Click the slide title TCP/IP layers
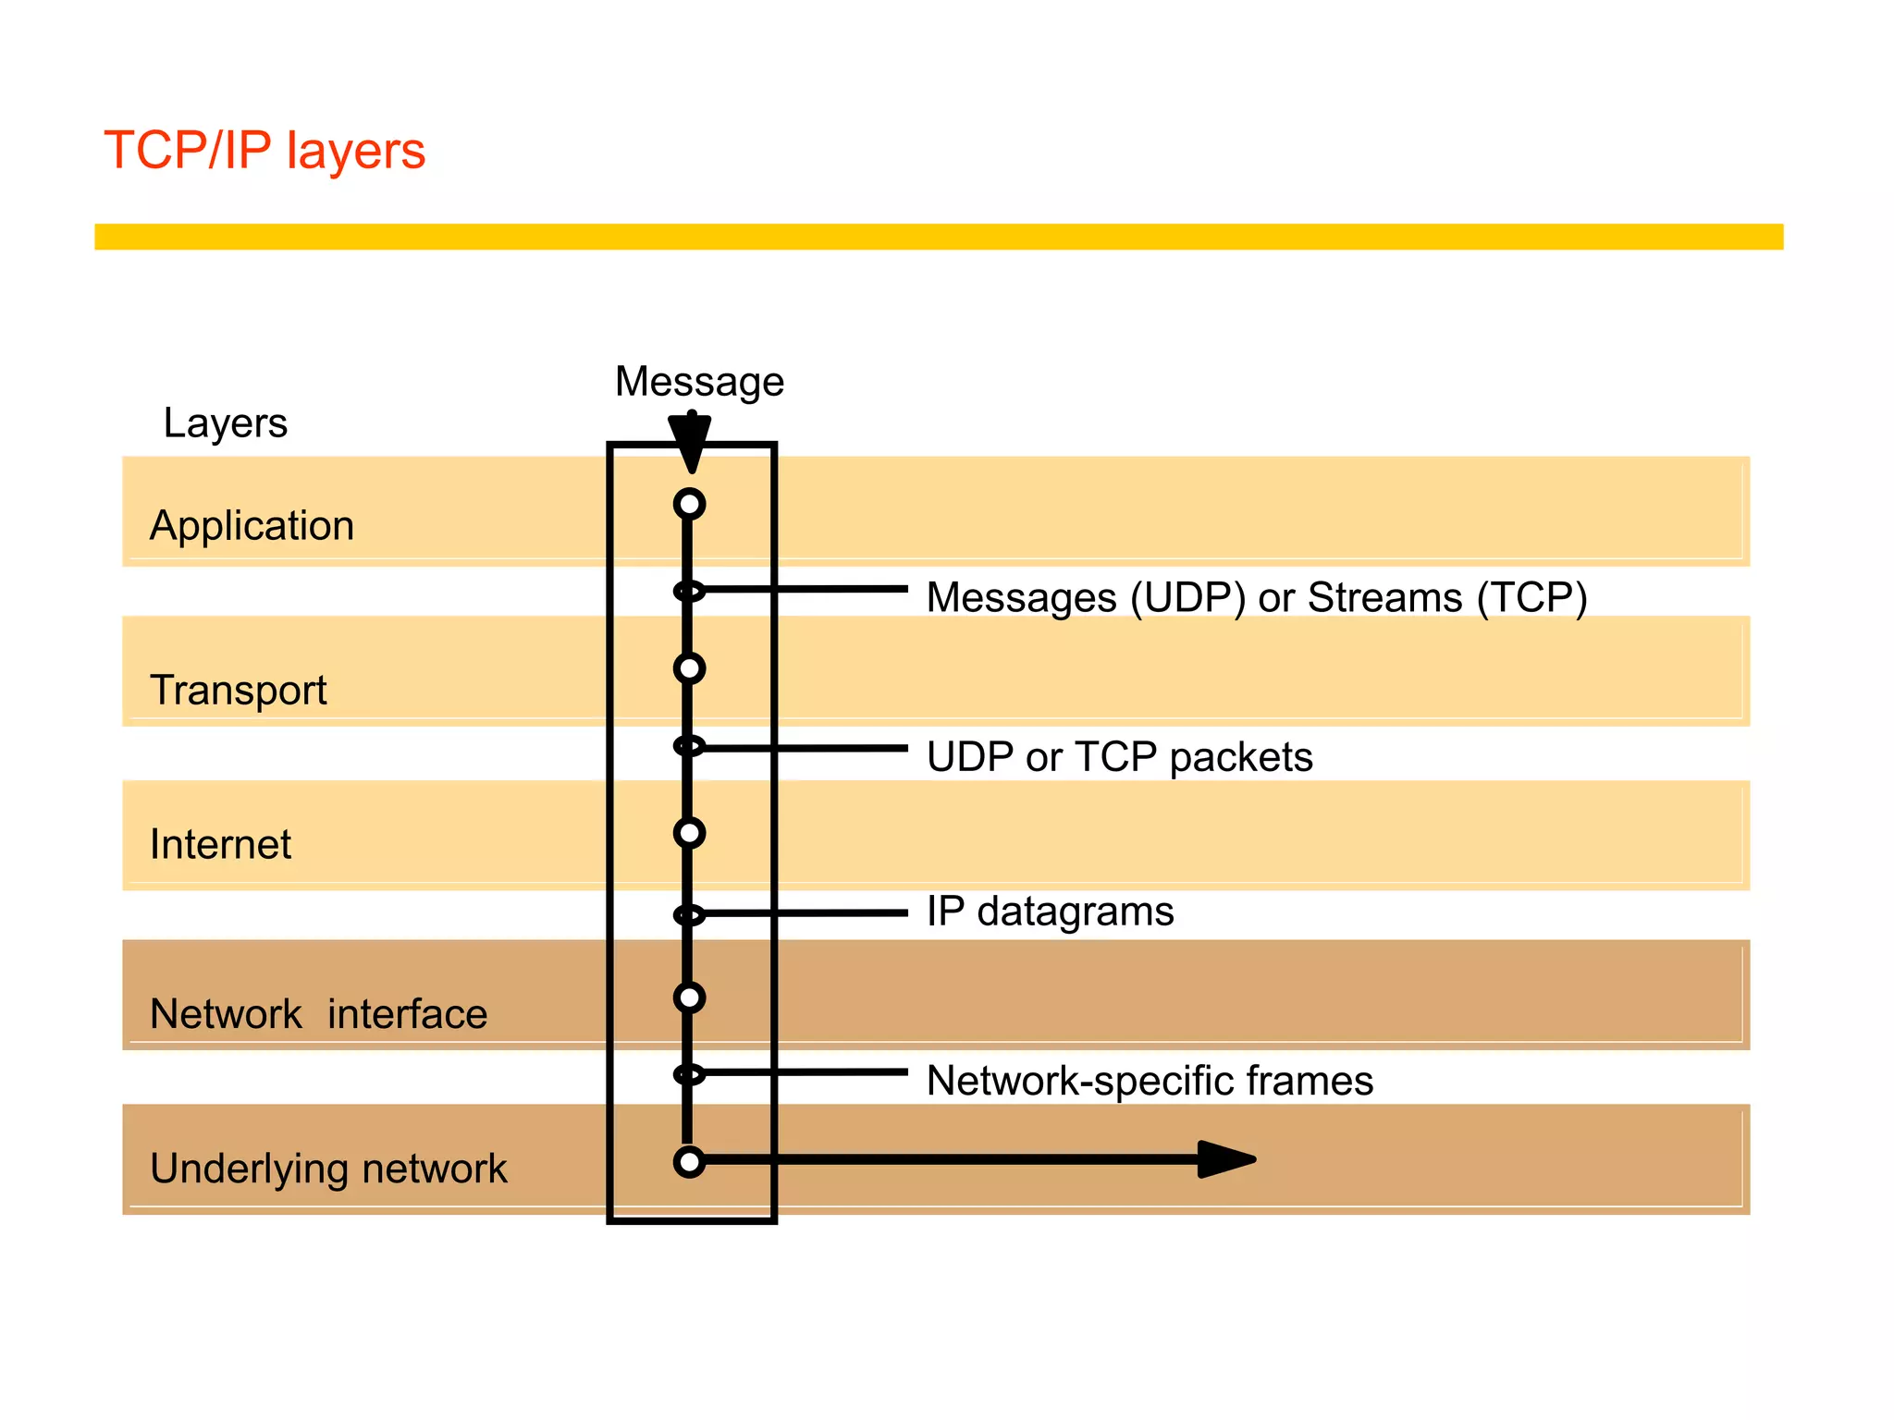264,151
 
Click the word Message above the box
699,382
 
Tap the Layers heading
225,423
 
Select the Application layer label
252,526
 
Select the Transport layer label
238,691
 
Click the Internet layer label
220,845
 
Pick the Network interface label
318,1014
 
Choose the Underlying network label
328,1169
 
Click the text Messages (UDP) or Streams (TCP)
1256,597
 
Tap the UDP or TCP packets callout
1119,757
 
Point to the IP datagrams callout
1050,912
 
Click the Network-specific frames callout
1150,1081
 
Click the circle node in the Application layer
689,504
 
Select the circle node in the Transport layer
689,668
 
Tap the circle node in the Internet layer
689,833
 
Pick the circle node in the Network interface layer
689,998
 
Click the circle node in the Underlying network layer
689,1161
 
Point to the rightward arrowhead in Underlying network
1225,1159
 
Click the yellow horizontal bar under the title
938,237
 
